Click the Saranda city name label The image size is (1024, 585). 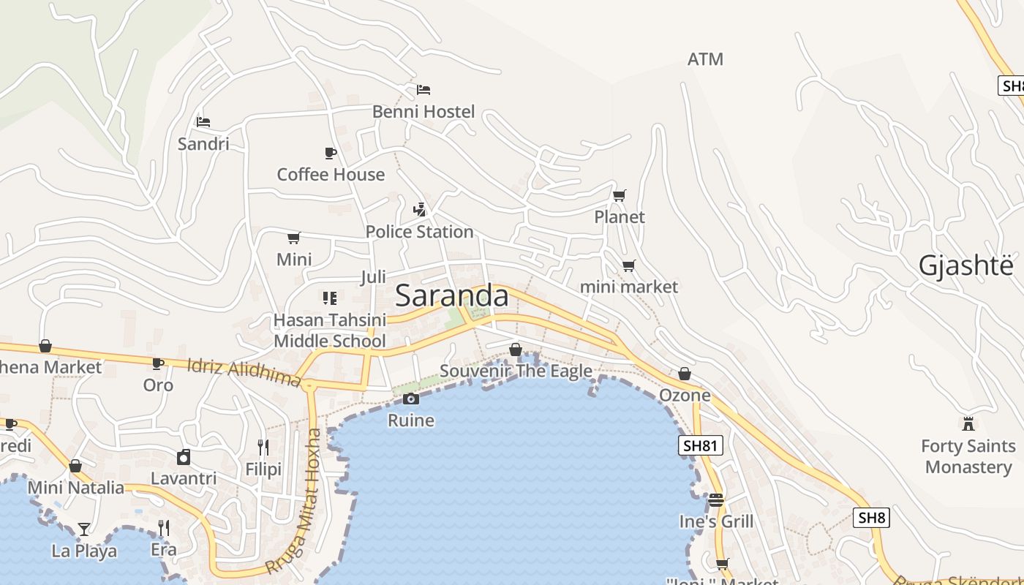[x=451, y=296]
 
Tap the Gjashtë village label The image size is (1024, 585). [x=966, y=266]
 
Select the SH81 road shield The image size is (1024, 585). [x=700, y=445]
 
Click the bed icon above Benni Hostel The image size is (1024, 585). [x=423, y=90]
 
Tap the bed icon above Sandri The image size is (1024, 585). [x=203, y=121]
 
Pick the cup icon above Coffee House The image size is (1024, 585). [x=331, y=153]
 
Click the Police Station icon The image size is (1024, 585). [x=419, y=210]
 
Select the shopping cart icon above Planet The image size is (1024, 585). [x=620, y=195]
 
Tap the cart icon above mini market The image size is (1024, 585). [x=628, y=265]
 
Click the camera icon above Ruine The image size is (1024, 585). [x=411, y=399]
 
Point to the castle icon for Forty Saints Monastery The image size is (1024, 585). [x=968, y=423]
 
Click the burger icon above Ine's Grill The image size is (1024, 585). [x=715, y=500]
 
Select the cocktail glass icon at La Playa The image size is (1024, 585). [x=84, y=529]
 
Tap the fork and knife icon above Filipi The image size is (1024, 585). [x=263, y=447]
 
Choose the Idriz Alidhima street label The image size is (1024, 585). [x=244, y=372]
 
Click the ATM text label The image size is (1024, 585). [x=705, y=59]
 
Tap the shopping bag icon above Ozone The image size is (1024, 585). [x=685, y=374]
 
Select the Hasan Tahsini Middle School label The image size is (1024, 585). [x=330, y=331]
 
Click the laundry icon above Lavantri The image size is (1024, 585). [x=184, y=457]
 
